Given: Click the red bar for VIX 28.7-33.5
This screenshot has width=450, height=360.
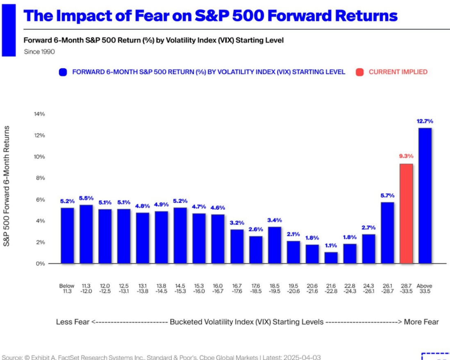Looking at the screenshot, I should [406, 213].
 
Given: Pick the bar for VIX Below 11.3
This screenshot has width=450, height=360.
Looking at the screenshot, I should [67, 235].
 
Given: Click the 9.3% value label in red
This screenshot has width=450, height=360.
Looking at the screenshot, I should [406, 156].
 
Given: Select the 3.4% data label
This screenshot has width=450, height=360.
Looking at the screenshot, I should [275, 219].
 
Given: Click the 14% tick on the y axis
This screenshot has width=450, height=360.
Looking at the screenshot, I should [40, 114].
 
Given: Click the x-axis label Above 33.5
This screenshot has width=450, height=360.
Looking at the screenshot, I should [425, 288].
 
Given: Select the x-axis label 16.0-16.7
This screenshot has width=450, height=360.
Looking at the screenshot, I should [218, 288].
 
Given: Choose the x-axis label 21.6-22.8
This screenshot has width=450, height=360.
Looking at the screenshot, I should [331, 288].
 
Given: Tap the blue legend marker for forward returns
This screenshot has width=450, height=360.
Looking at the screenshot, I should [62, 72].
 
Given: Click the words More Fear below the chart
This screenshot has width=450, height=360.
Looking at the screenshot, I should [421, 322].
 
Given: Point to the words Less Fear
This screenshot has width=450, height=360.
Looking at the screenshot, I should [73, 322].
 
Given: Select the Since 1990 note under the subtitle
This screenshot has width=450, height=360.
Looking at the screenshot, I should [40, 52].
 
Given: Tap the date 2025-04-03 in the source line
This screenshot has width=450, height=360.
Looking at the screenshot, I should [301, 357].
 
